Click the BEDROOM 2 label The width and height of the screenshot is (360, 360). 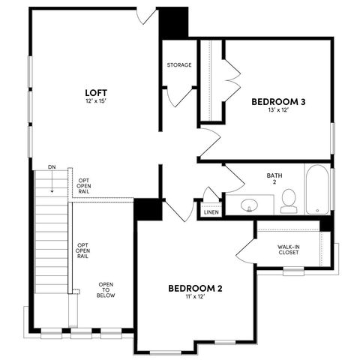[195, 288]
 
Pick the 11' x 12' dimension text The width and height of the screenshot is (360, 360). [195, 297]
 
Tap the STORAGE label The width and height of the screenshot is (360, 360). [179, 65]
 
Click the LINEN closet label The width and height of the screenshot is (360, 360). [211, 212]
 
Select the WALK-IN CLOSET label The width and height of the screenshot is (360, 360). [288, 248]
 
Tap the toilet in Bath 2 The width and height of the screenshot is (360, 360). [289, 200]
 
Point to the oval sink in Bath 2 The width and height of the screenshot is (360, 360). [257, 204]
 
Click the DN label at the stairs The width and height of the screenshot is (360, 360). [51, 166]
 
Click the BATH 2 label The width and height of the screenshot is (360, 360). [274, 179]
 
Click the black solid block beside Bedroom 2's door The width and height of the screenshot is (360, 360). [148, 208]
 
